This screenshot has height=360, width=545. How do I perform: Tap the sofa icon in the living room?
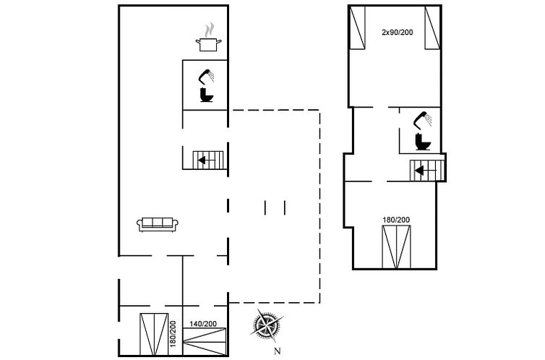(158, 225)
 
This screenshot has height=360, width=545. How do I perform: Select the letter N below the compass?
(277, 351)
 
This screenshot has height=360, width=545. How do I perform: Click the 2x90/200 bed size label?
(398, 33)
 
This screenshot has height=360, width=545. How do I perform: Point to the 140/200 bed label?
(203, 324)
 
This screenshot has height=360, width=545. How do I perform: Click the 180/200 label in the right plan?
(396, 220)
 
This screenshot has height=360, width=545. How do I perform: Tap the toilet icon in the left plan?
(207, 95)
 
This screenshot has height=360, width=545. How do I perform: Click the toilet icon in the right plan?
(423, 142)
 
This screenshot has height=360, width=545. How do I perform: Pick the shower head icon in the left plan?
(206, 77)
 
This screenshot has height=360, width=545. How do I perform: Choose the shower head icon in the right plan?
(422, 119)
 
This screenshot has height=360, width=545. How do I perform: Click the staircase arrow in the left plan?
(206, 160)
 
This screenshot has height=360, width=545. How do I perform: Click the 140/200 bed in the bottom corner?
(205, 342)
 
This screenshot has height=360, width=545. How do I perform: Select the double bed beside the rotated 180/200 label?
(154, 334)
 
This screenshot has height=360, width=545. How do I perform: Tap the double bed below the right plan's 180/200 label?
(396, 247)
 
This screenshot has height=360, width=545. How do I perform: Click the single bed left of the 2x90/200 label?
(357, 27)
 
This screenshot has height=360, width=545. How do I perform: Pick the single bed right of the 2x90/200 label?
(432, 27)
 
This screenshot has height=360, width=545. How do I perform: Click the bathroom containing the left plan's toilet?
(205, 85)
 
